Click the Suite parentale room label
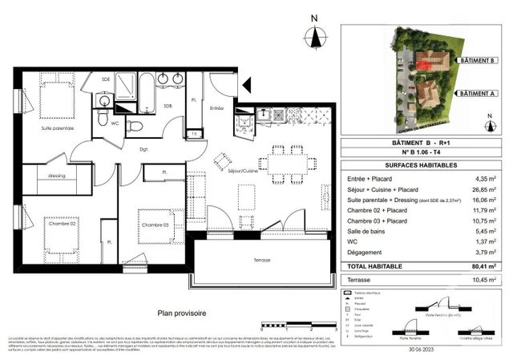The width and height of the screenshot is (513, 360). click(58, 128)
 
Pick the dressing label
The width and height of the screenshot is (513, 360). click(57, 176)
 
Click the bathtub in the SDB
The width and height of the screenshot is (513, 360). click(147, 93)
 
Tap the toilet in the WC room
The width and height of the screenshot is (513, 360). click(135, 126)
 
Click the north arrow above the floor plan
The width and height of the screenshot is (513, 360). click(315, 36)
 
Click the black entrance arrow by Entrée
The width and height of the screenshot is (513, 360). click(246, 82)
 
